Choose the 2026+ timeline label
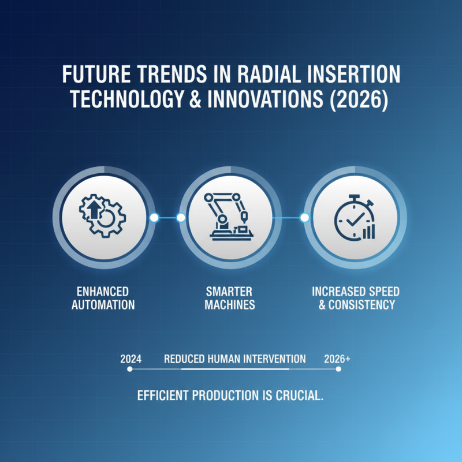click(x=337, y=359)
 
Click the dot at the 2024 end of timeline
click(x=128, y=369)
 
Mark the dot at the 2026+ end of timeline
click(x=338, y=369)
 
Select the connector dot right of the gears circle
click(x=154, y=218)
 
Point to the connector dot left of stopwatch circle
click(x=304, y=218)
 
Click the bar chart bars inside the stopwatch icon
click(x=368, y=232)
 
